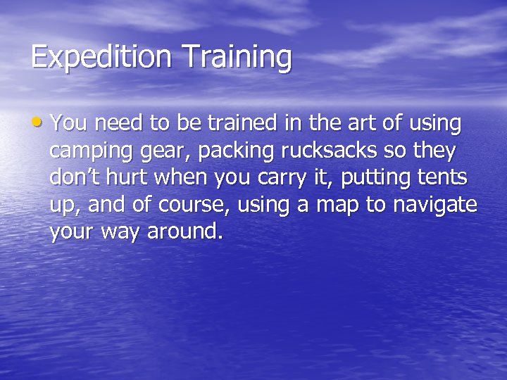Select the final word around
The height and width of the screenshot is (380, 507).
point(184,232)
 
